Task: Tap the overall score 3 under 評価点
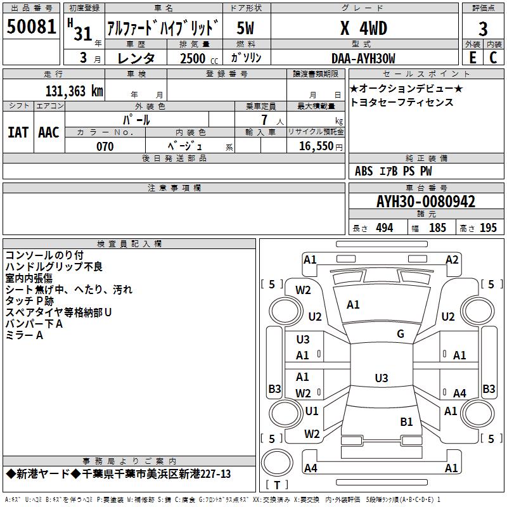pos(483,29)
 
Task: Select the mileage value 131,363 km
pos(74,91)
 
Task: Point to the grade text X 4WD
pos(363,29)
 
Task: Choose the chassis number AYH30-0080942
pos(426,202)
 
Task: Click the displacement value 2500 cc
pos(193,58)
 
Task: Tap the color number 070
pos(105,146)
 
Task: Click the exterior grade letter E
pos(472,58)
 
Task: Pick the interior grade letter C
pos(493,58)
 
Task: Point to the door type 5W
pos(245,29)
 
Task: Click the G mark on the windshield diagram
pos(401,334)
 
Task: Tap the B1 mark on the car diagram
pos(406,421)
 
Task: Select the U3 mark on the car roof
pos(381,378)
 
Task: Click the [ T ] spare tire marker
pos(276,485)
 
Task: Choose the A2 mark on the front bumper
pos(452,259)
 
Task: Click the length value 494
pos(384,228)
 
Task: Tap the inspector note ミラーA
pos(24,335)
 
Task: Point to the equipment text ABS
pos(364,170)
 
